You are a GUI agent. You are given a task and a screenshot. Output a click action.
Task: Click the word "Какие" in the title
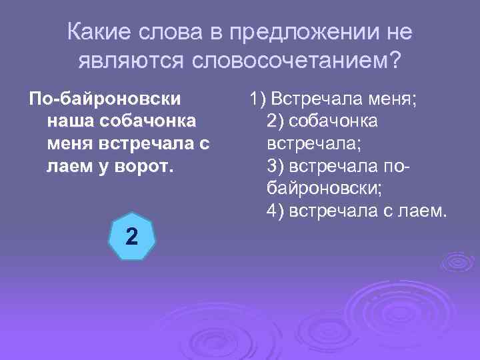click(x=99, y=32)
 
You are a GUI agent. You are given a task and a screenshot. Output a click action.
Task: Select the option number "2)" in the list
click(x=275, y=122)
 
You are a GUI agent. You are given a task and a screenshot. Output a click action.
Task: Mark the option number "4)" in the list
click(x=275, y=211)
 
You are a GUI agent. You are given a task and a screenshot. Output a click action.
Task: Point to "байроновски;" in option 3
click(x=324, y=189)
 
